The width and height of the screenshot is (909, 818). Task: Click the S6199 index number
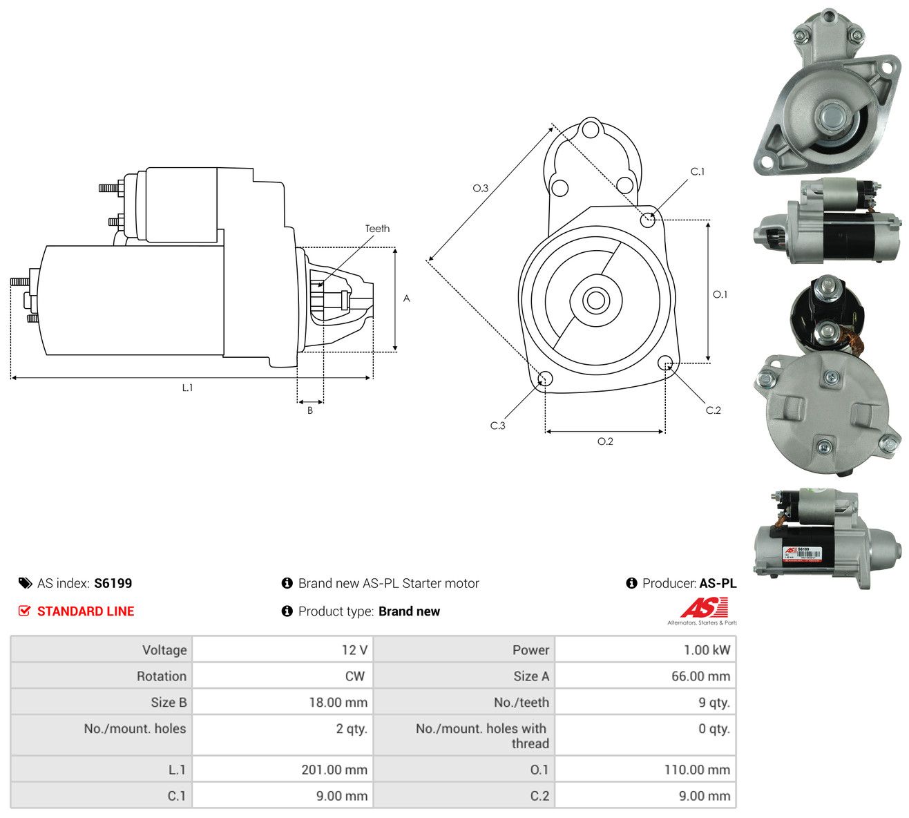(113, 583)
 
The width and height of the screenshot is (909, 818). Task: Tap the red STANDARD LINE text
(86, 611)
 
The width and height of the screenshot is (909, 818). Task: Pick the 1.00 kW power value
(707, 650)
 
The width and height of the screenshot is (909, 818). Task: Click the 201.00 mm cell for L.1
(334, 770)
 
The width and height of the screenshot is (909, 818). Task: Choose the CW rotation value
(355, 676)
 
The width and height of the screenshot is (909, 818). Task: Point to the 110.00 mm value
(697, 770)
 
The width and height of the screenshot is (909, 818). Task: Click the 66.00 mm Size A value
(700, 676)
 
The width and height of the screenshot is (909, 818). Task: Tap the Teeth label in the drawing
(377, 229)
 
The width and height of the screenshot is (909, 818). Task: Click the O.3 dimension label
(480, 188)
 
